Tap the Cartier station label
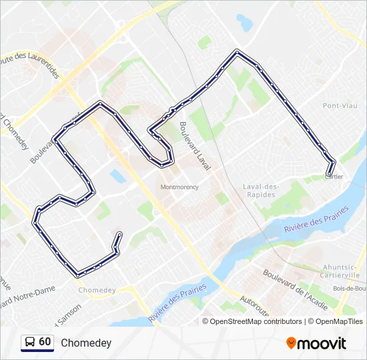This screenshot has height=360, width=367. pyautogui.click(x=334, y=177)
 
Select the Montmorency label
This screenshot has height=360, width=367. pyautogui.click(x=179, y=187)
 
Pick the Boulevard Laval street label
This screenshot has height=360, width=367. pyautogui.click(x=194, y=145)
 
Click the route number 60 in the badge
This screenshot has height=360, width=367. pyautogui.click(x=45, y=342)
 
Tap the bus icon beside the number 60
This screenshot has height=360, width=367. pyautogui.click(x=30, y=343)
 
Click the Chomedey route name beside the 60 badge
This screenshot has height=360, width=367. pyautogui.click(x=86, y=343)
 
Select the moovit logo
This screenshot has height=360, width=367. pyautogui.click(x=316, y=343)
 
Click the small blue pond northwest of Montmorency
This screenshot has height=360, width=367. pyautogui.click(x=118, y=176)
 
